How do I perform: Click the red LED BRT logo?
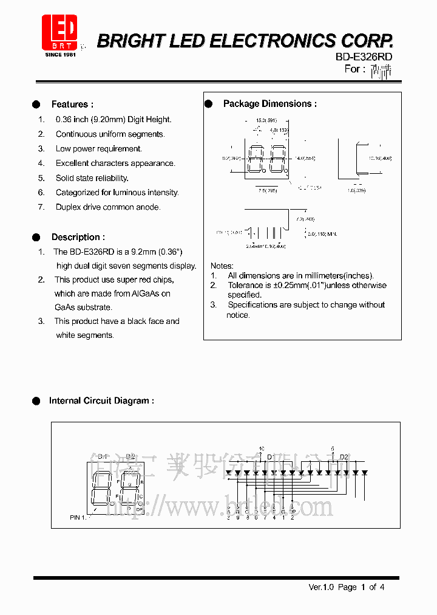(59, 32)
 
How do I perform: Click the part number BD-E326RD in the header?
(364, 57)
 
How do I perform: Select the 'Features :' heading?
(72, 105)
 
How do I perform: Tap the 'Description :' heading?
(78, 237)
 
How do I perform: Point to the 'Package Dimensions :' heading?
(269, 104)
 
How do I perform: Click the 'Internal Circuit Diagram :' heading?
(101, 401)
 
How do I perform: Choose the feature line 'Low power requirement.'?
(98, 149)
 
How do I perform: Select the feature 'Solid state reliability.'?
(92, 178)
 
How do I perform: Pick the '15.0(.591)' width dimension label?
(266, 120)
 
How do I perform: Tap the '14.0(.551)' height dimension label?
(305, 158)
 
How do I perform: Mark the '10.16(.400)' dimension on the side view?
(379, 158)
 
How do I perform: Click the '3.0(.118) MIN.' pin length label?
(322, 234)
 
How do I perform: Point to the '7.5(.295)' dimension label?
(267, 190)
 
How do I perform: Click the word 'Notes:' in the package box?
(222, 266)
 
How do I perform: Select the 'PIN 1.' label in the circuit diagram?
(80, 518)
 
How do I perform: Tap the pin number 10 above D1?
(262, 449)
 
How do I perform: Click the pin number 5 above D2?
(333, 449)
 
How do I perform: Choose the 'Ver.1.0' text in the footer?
(322, 587)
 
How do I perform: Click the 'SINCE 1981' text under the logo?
(61, 55)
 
